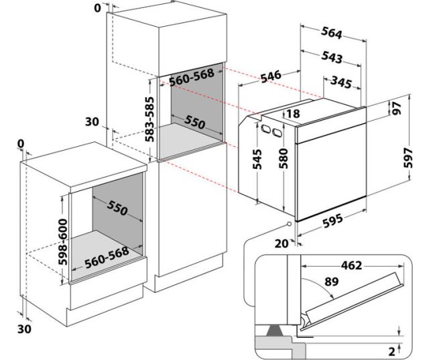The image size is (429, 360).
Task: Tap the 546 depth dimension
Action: tap(271, 77)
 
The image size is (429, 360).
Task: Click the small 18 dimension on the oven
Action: tap(293, 114)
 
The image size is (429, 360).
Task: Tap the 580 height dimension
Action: tap(285, 162)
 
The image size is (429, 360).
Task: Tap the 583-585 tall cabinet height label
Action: tap(150, 119)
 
